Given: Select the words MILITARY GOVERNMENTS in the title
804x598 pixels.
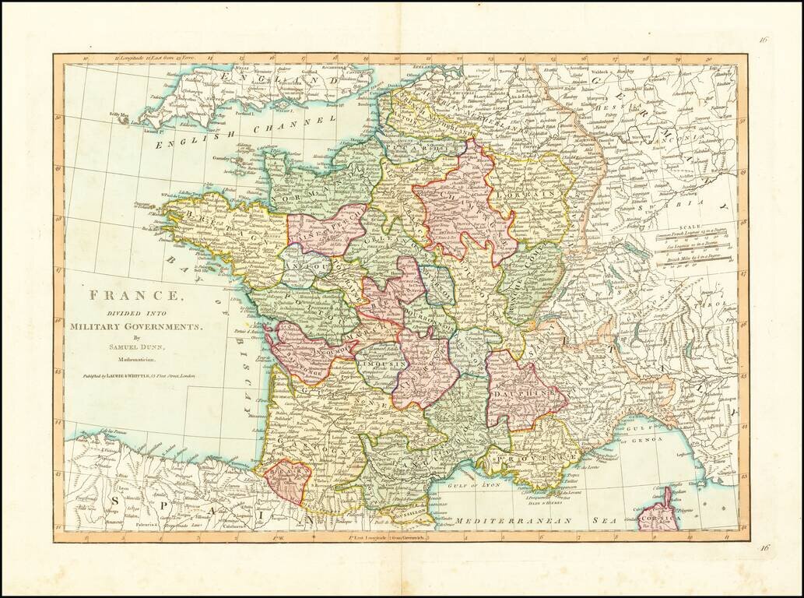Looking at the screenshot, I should pos(135,325).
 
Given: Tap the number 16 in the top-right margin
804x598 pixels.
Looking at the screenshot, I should pos(764,41).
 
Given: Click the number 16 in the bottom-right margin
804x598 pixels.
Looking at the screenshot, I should pos(764,548).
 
